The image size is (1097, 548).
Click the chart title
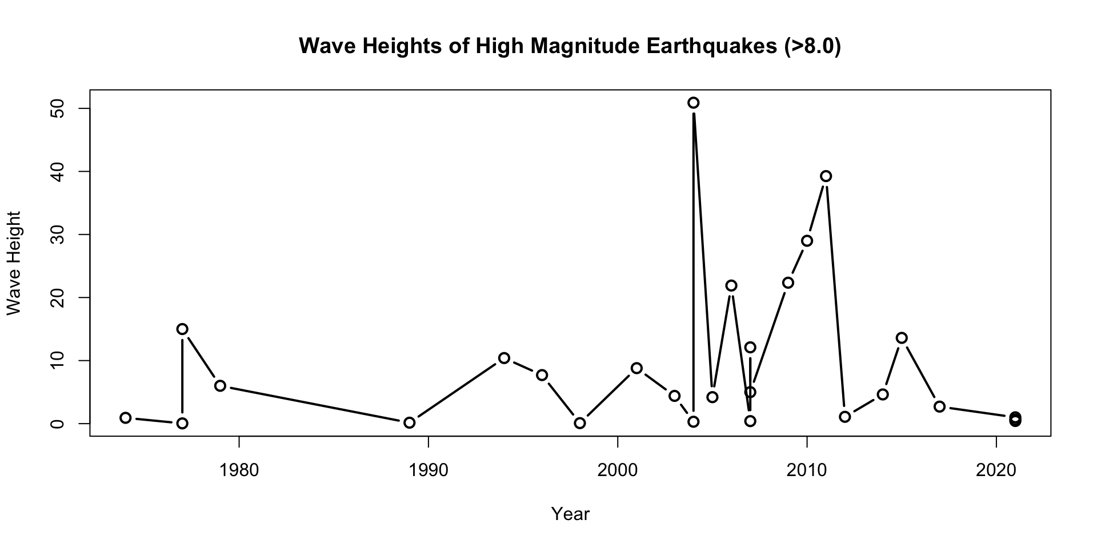click(x=570, y=46)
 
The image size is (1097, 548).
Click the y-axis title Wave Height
click(x=14, y=263)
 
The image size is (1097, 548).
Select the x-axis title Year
click(x=570, y=514)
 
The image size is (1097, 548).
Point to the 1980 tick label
click(x=239, y=470)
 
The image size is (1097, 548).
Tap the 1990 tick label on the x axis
click(x=428, y=470)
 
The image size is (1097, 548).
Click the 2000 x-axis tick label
click(x=617, y=470)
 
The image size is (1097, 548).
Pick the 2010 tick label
click(x=806, y=470)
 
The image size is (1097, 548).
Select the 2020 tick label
click(x=996, y=470)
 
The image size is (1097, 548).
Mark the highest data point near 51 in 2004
click(x=693, y=103)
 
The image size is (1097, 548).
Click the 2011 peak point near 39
click(x=826, y=176)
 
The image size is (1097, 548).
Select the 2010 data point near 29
click(x=807, y=241)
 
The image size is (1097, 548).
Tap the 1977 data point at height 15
click(x=182, y=329)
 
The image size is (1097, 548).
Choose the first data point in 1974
click(x=126, y=418)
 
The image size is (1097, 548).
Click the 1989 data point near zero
click(x=409, y=423)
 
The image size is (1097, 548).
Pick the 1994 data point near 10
click(x=504, y=358)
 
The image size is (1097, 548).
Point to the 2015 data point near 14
click(x=902, y=338)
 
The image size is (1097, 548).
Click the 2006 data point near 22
click(x=731, y=285)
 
